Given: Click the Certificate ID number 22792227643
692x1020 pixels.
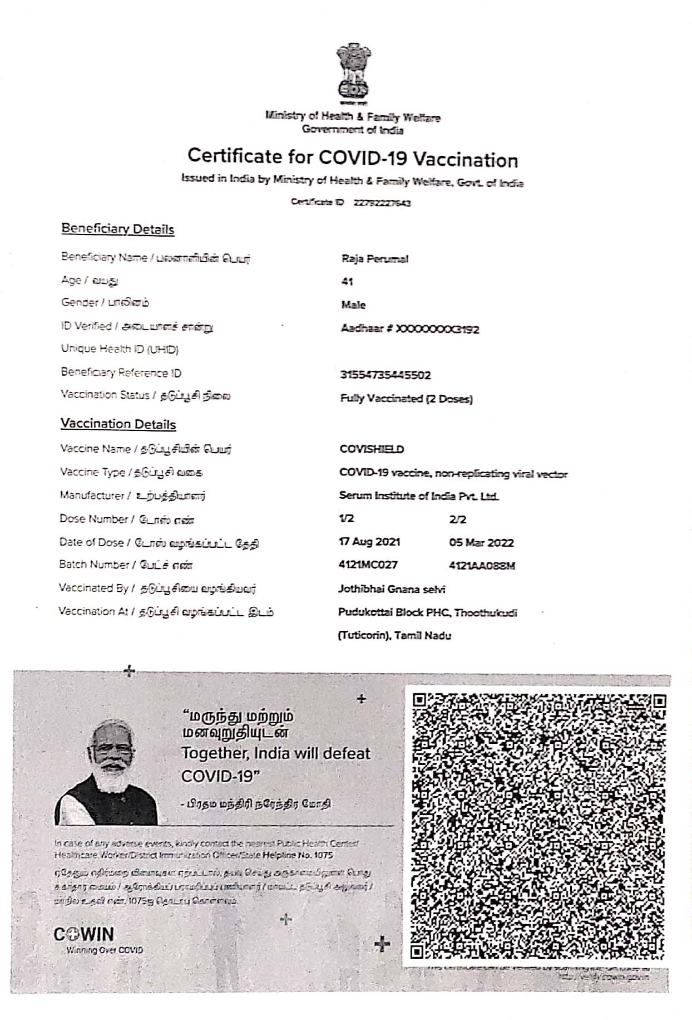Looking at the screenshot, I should [x=382, y=203].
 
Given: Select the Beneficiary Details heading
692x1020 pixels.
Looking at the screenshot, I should [x=117, y=229].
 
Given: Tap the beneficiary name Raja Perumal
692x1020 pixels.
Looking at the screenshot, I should [x=374, y=259].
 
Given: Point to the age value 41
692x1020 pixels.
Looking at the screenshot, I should [x=347, y=282].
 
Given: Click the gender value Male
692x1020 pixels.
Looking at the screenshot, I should [x=353, y=305].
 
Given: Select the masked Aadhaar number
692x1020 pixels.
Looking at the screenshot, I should [x=409, y=329].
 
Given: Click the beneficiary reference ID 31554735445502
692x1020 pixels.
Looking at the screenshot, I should [x=385, y=375].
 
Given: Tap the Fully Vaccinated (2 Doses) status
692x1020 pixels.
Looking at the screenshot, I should [x=406, y=399].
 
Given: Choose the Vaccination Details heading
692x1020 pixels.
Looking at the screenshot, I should [x=118, y=424].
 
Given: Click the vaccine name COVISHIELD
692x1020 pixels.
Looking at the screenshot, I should [x=372, y=449].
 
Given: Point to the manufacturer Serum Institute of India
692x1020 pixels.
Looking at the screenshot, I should [x=418, y=496].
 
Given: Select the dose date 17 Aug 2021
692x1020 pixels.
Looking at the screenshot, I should [x=369, y=542].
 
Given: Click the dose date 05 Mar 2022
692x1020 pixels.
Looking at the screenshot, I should [x=481, y=543].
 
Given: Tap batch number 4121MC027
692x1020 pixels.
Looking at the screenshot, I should [x=368, y=565].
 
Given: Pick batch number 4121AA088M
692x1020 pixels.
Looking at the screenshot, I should [x=482, y=566].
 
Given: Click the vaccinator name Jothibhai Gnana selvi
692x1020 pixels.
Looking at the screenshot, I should [x=392, y=589].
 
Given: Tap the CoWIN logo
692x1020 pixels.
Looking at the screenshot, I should [x=83, y=934].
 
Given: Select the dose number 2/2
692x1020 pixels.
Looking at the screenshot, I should [x=457, y=519].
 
